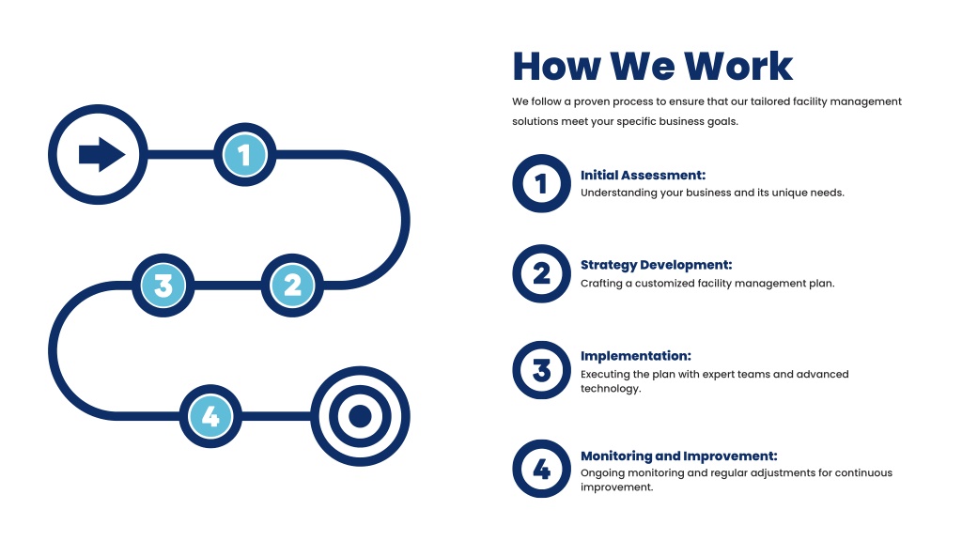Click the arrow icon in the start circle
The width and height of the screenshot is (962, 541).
click(x=101, y=154)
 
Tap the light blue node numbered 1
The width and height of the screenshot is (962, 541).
click(x=245, y=155)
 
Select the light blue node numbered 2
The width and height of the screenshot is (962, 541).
click(x=292, y=286)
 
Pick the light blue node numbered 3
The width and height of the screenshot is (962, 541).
click(x=163, y=286)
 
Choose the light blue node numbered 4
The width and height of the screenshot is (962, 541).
click(x=210, y=416)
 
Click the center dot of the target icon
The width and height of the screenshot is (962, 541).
click(x=360, y=416)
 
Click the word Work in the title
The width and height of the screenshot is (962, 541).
click(x=738, y=67)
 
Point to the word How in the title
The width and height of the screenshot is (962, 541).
click(x=556, y=67)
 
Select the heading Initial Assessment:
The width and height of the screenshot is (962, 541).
click(x=643, y=175)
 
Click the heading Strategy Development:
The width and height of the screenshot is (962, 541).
click(x=657, y=265)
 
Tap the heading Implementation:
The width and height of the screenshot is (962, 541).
click(x=636, y=356)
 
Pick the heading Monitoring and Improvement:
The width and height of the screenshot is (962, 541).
click(x=678, y=456)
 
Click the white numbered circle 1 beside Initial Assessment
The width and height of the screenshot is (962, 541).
click(x=542, y=183)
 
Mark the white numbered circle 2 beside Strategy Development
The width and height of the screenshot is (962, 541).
click(x=542, y=273)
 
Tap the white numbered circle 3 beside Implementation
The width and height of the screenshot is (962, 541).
click(x=542, y=370)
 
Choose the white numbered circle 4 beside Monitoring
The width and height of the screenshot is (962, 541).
click(x=542, y=469)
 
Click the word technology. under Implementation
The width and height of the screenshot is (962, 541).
click(x=611, y=388)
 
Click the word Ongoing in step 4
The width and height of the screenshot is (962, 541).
click(x=600, y=473)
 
